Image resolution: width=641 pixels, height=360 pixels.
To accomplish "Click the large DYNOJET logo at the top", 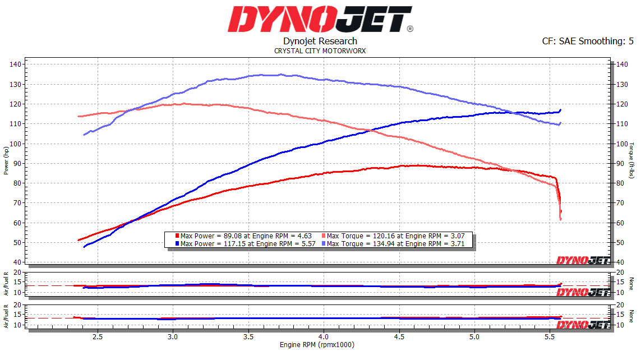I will click(320, 19).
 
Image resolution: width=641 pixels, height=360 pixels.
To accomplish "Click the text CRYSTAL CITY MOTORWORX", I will click(320, 50).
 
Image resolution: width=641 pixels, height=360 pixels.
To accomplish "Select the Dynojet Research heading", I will click(320, 41).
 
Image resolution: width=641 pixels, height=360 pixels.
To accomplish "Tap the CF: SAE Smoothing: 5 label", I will click(588, 41).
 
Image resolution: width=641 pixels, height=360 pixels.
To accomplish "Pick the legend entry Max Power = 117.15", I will click(247, 244).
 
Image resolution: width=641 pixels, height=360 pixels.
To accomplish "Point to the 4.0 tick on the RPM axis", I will click(324, 337).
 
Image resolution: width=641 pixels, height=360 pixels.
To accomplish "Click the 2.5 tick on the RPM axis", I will click(98, 337).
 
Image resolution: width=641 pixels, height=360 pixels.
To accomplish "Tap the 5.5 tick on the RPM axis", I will click(550, 337).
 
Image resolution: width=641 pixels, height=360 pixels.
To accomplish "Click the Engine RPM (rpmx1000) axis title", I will click(317, 345).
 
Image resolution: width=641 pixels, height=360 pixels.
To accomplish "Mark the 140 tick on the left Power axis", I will click(16, 64).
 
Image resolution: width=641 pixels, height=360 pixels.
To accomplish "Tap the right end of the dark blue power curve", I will click(560, 110).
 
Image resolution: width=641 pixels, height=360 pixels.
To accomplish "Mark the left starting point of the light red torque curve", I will click(79, 117).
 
